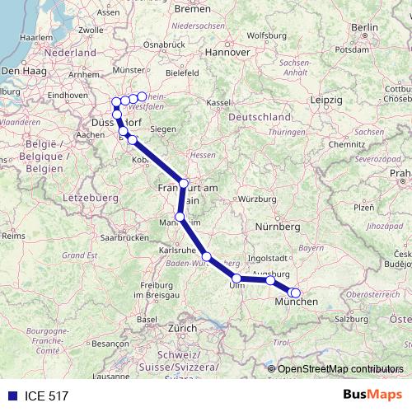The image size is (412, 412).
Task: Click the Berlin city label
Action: (x=363, y=28)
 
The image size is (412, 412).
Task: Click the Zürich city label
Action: (x=182, y=328)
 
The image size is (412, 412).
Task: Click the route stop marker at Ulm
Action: (x=236, y=278)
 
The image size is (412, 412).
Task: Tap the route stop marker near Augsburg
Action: (x=270, y=281)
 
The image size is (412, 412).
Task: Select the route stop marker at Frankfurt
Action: (x=184, y=183)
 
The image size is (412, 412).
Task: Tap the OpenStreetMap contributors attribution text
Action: (x=340, y=369)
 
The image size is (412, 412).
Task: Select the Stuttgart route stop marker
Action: (x=207, y=256)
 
